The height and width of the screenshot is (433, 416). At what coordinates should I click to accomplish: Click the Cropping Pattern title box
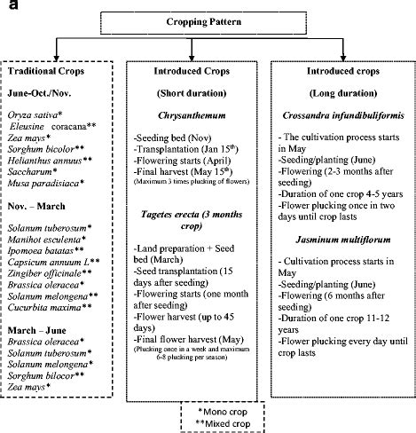click(x=208, y=20)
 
